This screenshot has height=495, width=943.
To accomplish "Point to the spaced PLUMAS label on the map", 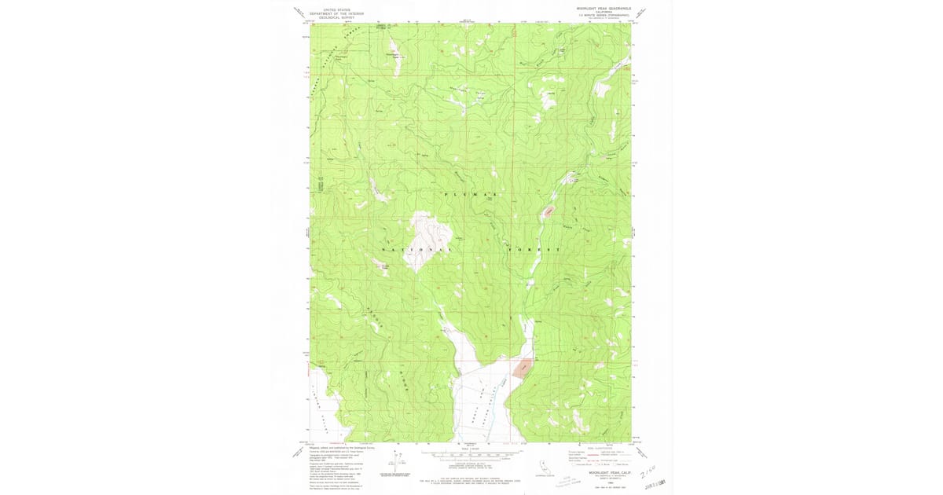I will (x=471, y=193).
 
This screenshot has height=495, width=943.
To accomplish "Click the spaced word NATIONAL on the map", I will (x=417, y=250).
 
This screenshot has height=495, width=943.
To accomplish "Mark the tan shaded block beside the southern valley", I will (x=520, y=367).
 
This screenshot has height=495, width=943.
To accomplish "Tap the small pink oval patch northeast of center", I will (x=547, y=211).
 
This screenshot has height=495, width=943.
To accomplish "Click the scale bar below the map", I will (x=470, y=454).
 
